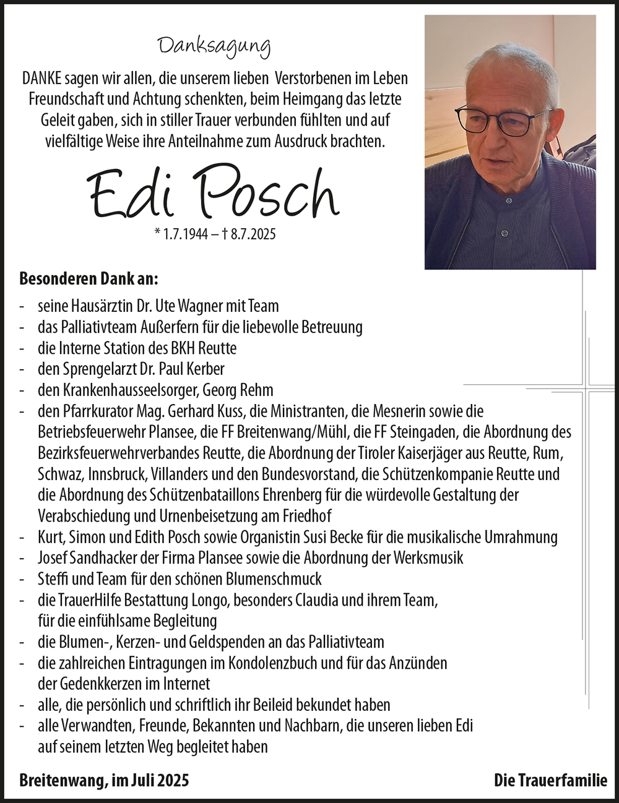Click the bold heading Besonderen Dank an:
point(89,278)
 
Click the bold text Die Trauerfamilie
point(550,780)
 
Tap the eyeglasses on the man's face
point(504,119)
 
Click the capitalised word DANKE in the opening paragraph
point(42,80)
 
